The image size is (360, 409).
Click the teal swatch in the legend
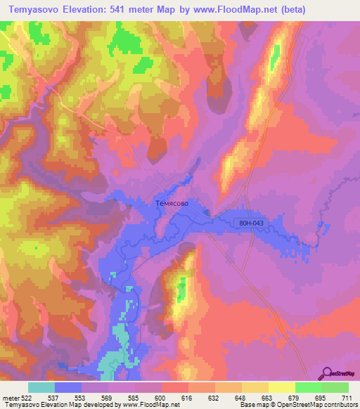click(41, 387)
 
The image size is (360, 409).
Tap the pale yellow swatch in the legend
click(282, 387)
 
